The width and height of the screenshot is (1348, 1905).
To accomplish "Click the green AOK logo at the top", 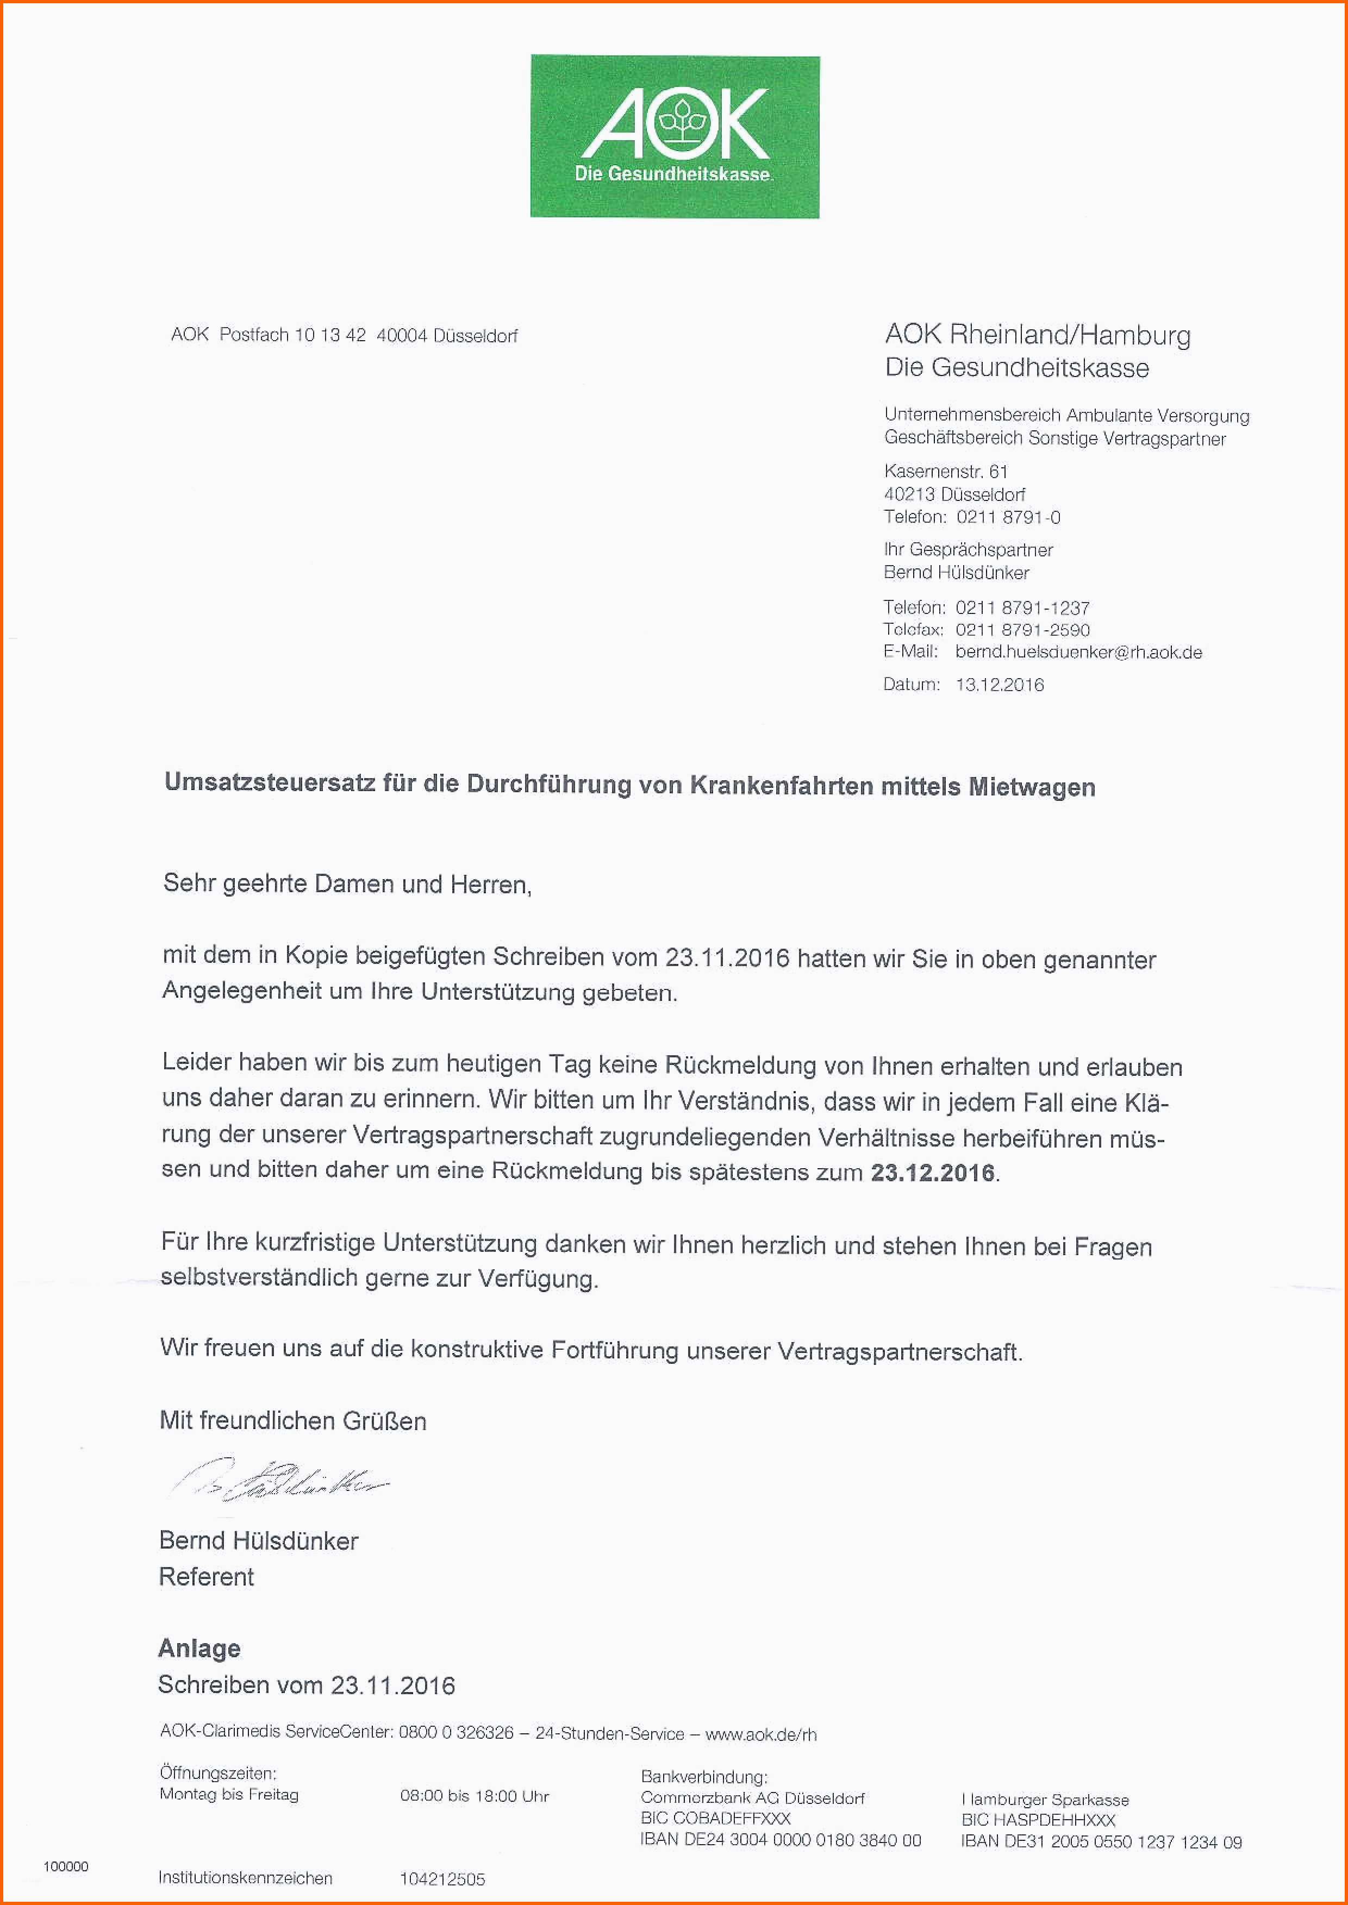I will (x=675, y=137).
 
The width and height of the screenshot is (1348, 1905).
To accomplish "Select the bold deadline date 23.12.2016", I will (x=932, y=1173).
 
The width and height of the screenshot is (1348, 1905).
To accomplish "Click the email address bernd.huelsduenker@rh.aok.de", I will (x=1078, y=652).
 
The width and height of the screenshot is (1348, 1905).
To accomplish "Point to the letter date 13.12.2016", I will (x=1000, y=685).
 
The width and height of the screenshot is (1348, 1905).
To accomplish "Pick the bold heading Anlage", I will (x=199, y=1648).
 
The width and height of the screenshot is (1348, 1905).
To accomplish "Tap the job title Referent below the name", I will (x=206, y=1576).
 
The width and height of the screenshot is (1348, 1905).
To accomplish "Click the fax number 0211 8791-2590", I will (x=1022, y=630).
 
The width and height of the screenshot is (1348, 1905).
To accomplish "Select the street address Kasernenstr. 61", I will (x=945, y=471).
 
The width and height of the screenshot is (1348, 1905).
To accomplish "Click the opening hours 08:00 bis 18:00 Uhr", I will (x=474, y=1796).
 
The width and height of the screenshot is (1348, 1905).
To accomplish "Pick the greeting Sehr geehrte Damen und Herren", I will (x=347, y=883).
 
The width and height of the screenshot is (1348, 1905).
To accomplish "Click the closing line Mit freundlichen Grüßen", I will (x=293, y=1420).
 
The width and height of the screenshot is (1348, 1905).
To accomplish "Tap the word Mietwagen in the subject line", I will (x=1032, y=787).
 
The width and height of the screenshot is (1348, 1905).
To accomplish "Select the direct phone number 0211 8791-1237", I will (x=1022, y=607).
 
